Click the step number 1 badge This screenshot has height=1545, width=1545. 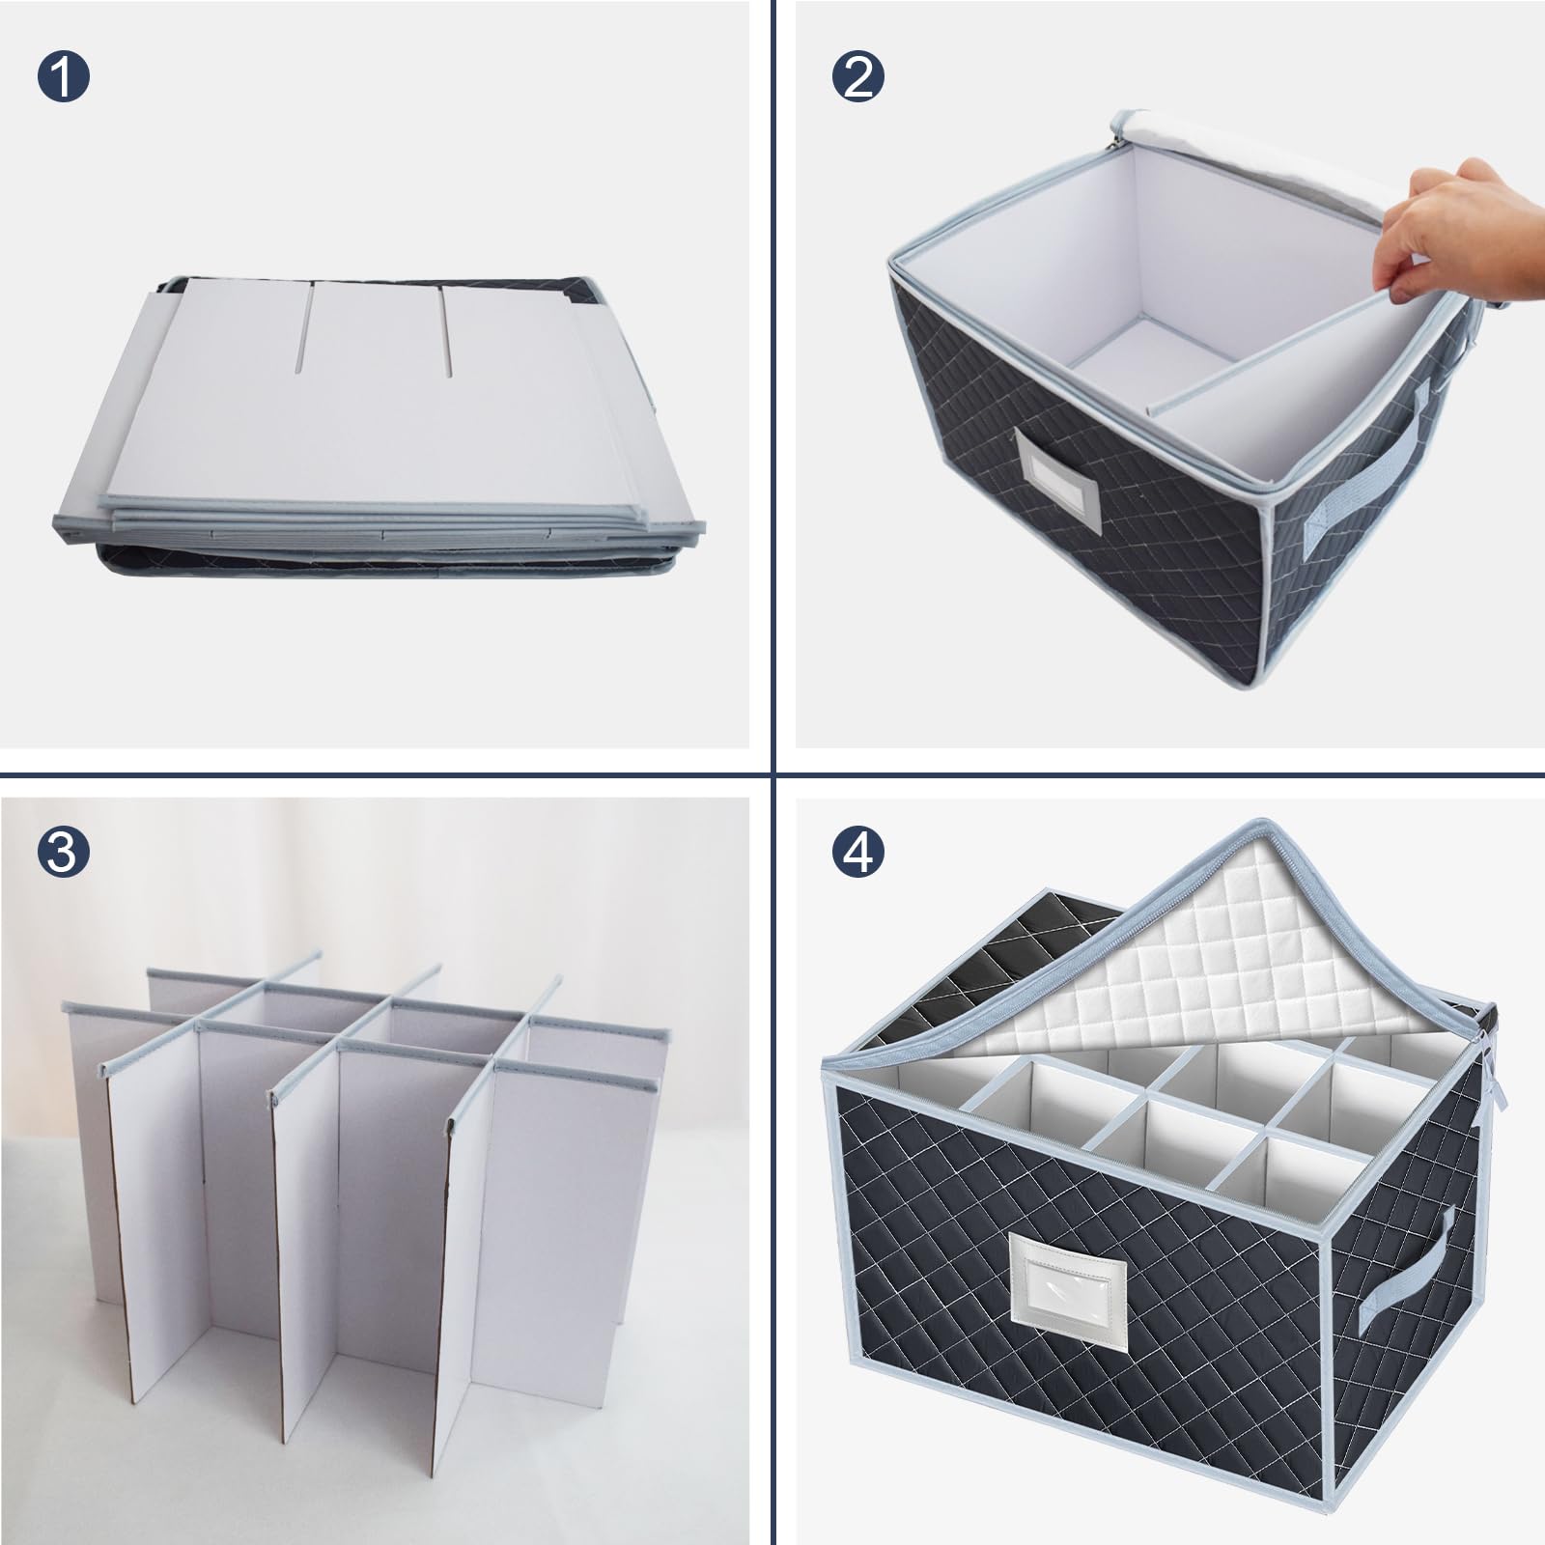point(63,76)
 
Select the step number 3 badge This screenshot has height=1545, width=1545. point(63,852)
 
